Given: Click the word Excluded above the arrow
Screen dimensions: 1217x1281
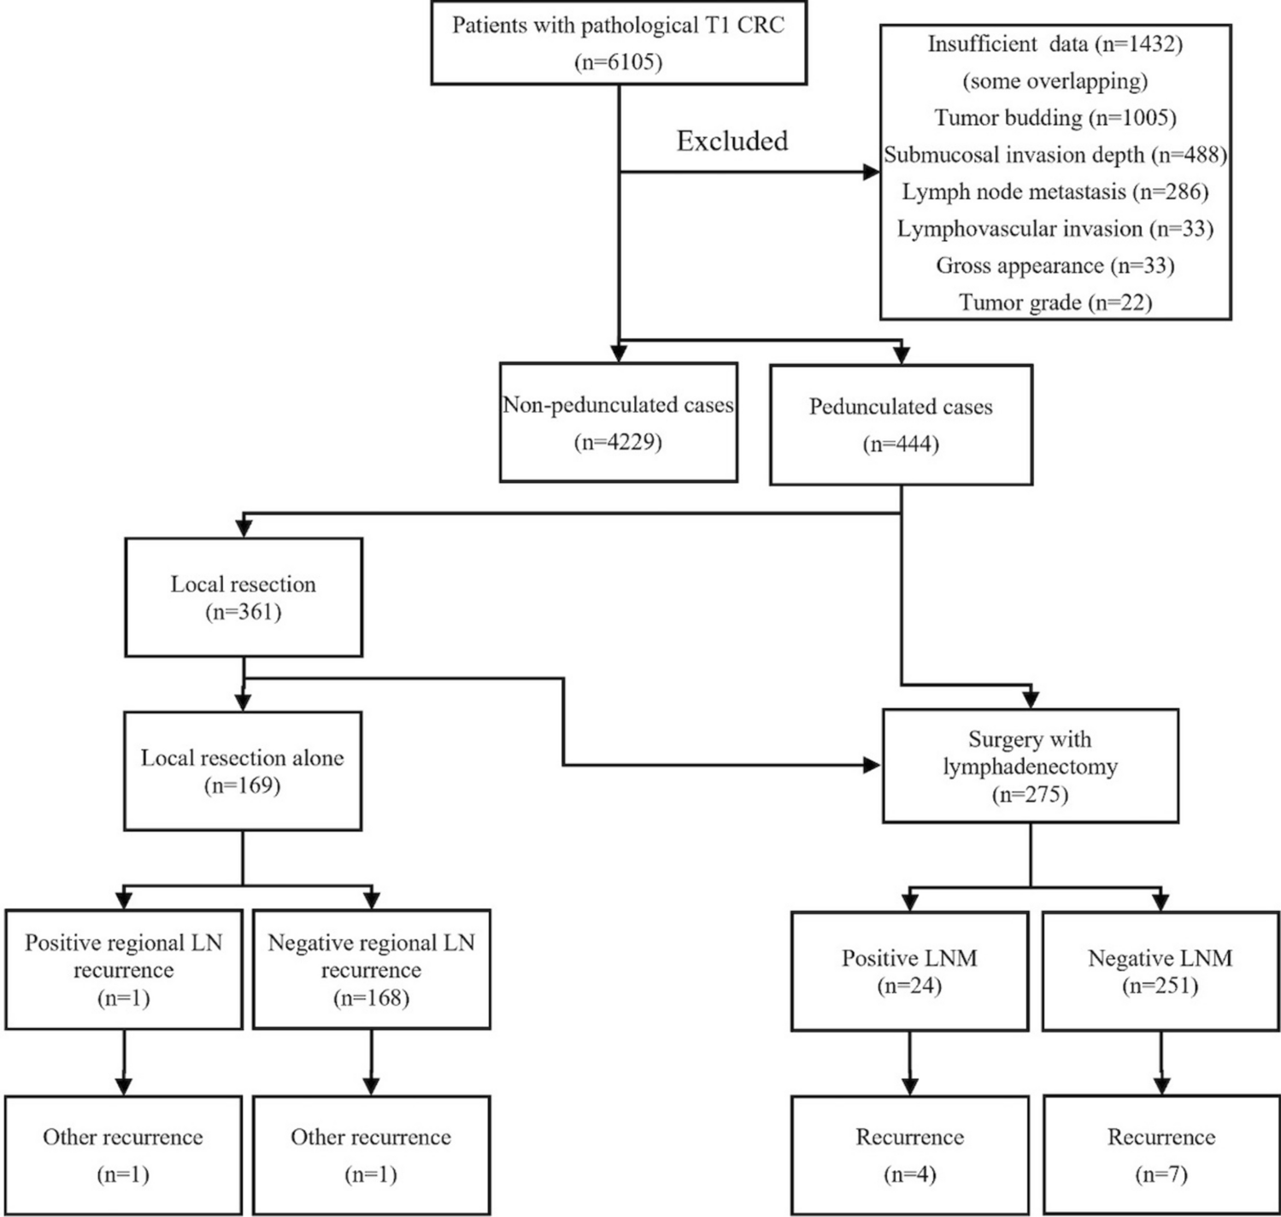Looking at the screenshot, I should click(732, 141).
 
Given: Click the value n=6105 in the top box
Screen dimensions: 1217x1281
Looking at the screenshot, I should click(619, 62).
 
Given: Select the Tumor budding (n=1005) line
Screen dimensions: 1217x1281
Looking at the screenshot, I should click(1055, 117).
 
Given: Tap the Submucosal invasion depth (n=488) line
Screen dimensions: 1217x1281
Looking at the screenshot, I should click(1055, 155).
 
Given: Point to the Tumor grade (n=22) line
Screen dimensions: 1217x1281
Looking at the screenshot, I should click(1055, 303).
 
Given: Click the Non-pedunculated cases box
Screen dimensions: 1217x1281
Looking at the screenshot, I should click(618, 423).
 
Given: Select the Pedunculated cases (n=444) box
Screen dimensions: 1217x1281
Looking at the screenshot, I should click(901, 425).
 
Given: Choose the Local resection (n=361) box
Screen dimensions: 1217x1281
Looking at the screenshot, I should click(244, 597).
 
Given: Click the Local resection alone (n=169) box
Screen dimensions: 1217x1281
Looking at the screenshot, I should click(243, 771).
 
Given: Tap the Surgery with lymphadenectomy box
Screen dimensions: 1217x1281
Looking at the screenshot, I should click(1030, 766).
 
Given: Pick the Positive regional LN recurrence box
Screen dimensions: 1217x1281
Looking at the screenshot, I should click(124, 969).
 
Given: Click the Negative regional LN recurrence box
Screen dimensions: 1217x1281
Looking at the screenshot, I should click(371, 969).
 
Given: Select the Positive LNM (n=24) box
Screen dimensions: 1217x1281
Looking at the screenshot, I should click(909, 971).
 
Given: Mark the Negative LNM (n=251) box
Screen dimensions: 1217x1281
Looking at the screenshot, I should click(1160, 971).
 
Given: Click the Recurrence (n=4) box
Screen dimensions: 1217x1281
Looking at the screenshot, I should click(909, 1155).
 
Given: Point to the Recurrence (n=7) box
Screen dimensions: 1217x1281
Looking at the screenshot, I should click(1161, 1155).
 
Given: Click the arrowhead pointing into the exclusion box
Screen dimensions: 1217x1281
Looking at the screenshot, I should click(871, 173).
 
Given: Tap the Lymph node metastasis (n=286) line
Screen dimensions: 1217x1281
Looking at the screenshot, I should click(1055, 191).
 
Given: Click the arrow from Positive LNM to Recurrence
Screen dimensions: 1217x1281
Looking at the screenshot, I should click(909, 1063).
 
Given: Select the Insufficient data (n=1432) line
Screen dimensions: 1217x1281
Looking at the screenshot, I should click(1055, 44).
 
